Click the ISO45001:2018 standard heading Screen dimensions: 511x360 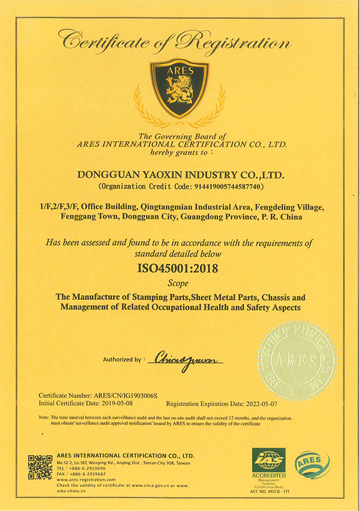pyautogui.click(x=179, y=267)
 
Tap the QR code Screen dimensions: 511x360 pyautogui.click(x=40, y=468)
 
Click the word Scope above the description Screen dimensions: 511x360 pyautogui.click(x=179, y=282)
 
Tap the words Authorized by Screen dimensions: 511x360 pyautogui.click(x=123, y=360)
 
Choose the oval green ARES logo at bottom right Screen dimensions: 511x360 pyautogui.click(x=311, y=465)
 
